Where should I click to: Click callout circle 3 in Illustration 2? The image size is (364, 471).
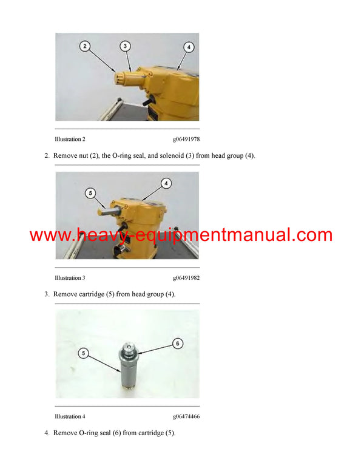click(x=124, y=46)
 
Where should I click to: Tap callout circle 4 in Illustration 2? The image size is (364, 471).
click(x=189, y=47)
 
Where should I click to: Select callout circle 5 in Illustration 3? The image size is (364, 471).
click(x=90, y=194)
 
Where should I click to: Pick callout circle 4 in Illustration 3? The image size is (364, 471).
click(x=166, y=182)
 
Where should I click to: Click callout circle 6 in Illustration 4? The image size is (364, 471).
click(x=178, y=343)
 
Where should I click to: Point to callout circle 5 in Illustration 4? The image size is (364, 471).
click(x=83, y=352)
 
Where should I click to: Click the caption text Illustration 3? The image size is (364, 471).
click(x=70, y=277)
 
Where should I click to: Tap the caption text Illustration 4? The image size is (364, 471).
click(x=70, y=416)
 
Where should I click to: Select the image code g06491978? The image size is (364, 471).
click(x=186, y=139)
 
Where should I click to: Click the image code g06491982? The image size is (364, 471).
click(x=186, y=277)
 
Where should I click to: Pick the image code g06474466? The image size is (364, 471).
click(x=186, y=416)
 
